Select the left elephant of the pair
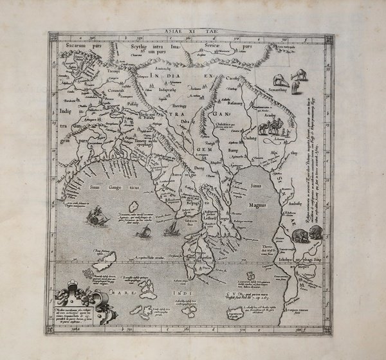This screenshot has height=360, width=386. click(300, 236)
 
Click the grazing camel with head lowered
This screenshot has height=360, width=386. click(279, 80)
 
